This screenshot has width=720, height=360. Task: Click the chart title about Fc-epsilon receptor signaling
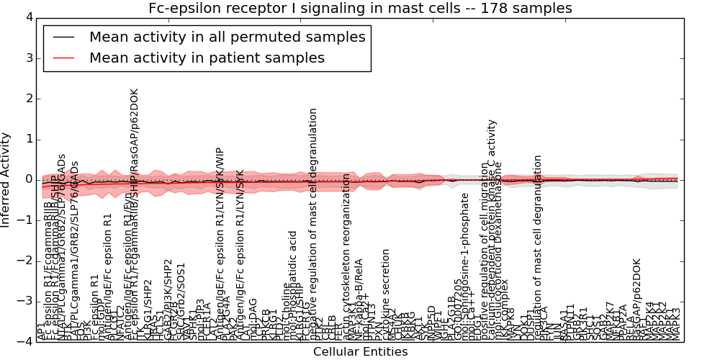pos(360,8)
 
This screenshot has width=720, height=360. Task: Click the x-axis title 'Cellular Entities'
pos(360,351)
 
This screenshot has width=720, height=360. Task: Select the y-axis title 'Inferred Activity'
pos(6,179)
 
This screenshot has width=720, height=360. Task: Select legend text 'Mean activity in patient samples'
pos(207,58)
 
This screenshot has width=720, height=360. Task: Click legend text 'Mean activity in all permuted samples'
pos(227,37)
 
